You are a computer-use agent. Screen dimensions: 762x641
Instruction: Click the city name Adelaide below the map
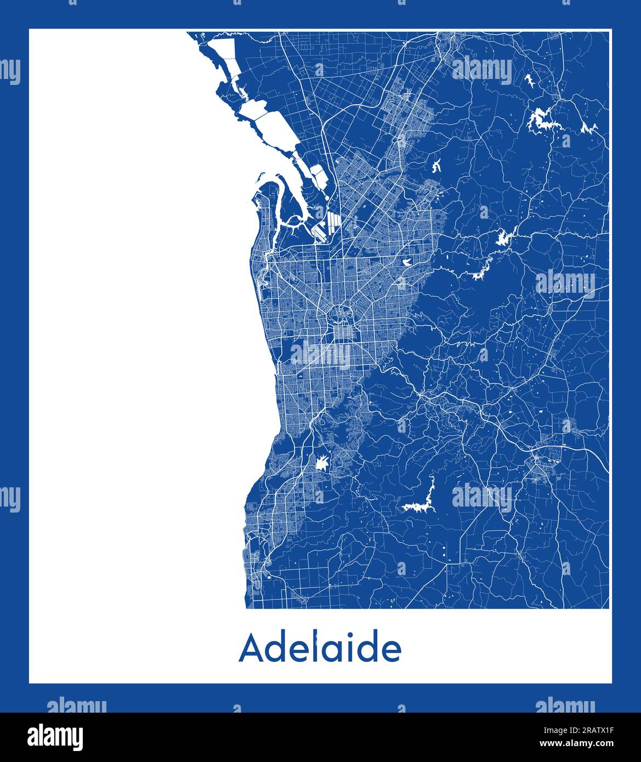[320, 649]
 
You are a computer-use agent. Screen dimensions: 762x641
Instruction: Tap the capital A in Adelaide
[249, 649]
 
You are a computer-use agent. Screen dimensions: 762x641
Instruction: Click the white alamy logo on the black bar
[49, 736]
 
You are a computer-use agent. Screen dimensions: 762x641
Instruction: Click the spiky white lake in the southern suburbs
[323, 464]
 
